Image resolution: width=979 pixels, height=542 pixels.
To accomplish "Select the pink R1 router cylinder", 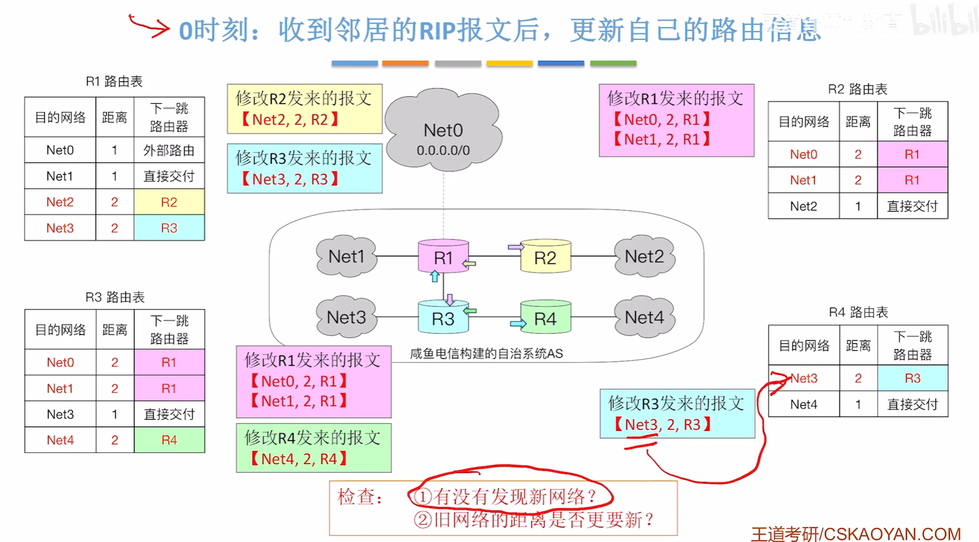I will [x=444, y=257].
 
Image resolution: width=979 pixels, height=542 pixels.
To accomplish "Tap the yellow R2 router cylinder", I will [x=545, y=258].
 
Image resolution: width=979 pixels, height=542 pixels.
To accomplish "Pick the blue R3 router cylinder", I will [x=443, y=319].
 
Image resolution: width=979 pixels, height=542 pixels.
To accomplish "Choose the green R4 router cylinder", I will [x=545, y=319].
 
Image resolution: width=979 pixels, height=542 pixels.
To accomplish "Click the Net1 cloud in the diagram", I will [x=346, y=257].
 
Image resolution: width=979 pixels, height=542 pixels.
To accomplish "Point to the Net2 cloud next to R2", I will [x=644, y=257].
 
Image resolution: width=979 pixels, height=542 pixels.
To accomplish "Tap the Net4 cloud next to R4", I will [x=644, y=318].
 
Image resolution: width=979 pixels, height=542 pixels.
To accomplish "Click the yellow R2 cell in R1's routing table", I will [x=169, y=202].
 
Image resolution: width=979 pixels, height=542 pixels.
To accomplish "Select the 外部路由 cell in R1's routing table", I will [x=169, y=150].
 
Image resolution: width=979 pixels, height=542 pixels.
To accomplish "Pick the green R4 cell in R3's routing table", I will [x=169, y=440].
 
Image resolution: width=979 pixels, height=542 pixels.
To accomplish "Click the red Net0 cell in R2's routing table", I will [x=804, y=154].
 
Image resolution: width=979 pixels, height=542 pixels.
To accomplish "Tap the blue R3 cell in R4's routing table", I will [x=912, y=378].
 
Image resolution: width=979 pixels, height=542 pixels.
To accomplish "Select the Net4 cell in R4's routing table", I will [x=804, y=404].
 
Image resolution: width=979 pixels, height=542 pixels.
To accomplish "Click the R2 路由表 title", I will [x=858, y=89].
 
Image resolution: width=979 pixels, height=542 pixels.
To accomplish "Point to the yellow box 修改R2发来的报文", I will [x=305, y=109].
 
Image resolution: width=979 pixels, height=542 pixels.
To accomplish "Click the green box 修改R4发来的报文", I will [x=314, y=448].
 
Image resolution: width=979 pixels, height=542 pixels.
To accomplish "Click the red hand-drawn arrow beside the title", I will [x=149, y=26].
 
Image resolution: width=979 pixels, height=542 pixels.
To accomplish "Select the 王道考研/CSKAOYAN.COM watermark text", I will [x=855, y=534].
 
